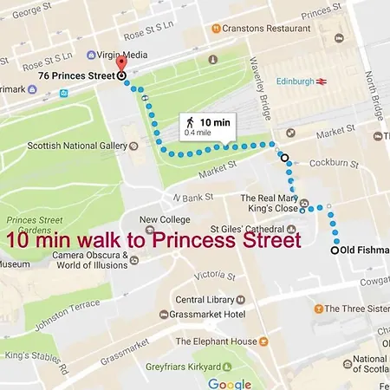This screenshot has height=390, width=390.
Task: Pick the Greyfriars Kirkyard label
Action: pos(196,366)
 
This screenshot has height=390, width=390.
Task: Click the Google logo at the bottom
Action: pos(229,382)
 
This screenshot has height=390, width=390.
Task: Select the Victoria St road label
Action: pos(217,277)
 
